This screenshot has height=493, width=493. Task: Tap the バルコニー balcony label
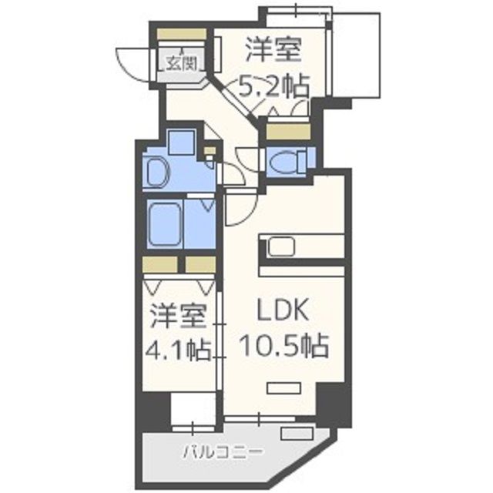point(223,451)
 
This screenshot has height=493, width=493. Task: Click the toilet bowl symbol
point(287,159)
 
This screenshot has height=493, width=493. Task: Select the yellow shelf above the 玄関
point(182,35)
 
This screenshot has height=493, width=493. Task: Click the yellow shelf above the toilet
point(287,130)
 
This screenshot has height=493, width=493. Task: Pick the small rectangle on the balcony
point(291,432)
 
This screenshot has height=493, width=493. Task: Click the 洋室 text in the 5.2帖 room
point(273,50)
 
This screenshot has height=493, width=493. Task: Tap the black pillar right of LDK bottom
point(333,404)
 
